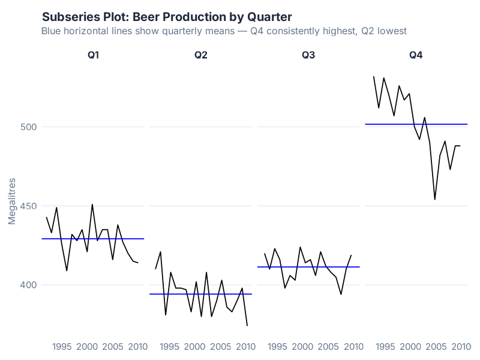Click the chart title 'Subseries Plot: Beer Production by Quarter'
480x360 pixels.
pos(167,17)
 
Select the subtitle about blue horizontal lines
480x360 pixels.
pos(224,31)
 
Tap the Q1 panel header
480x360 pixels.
pos(93,55)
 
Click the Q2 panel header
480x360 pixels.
pos(200,55)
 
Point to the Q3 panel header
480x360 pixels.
pos(308,55)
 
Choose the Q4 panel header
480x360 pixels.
pos(416,55)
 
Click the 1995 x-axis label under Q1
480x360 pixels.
pos(62,347)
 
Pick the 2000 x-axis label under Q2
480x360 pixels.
pos(194,347)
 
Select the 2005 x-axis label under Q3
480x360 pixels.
pos(328,347)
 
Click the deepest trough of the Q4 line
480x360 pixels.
pos(435,199)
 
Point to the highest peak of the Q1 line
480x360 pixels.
pos(92,204)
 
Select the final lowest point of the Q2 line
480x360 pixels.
pos(247,326)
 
